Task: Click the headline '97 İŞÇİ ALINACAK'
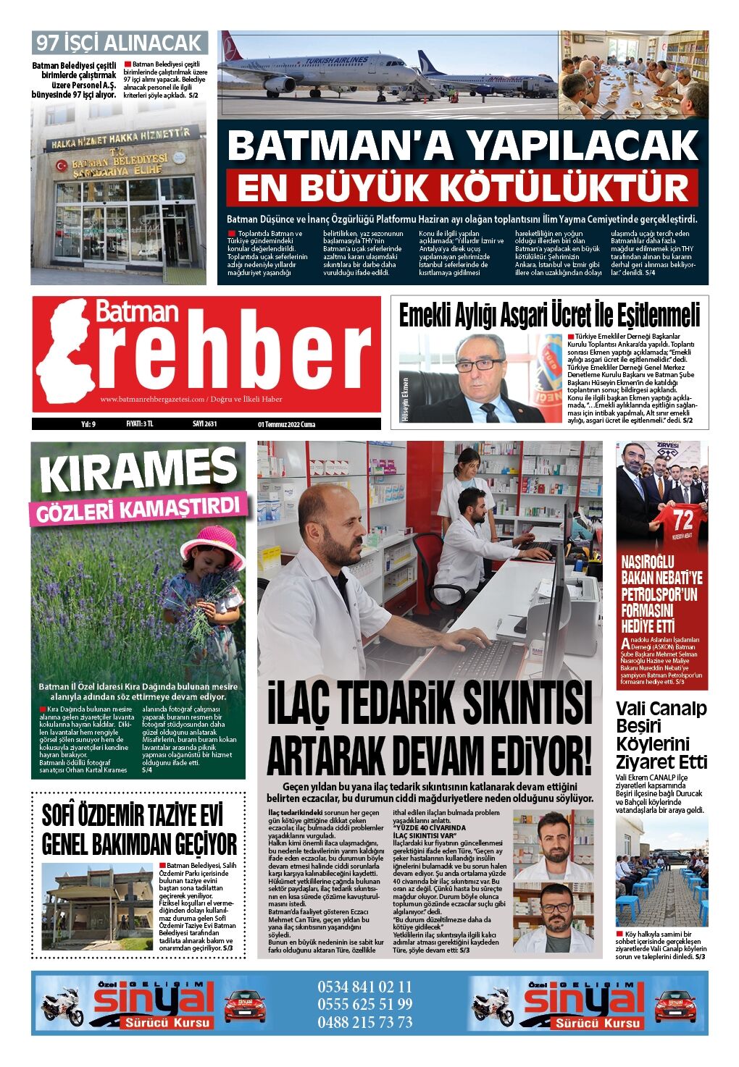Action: tap(120, 43)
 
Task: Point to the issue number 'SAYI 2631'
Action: tap(204, 424)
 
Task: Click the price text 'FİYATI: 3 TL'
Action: tap(141, 424)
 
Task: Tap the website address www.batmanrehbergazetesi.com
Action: tap(152, 400)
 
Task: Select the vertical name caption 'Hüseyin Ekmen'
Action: tap(404, 399)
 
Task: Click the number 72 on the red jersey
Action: tap(683, 520)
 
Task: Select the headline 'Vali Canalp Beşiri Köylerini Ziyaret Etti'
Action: tap(661, 735)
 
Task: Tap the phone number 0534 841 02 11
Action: tap(364, 987)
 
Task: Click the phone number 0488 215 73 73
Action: tap(364, 1022)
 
